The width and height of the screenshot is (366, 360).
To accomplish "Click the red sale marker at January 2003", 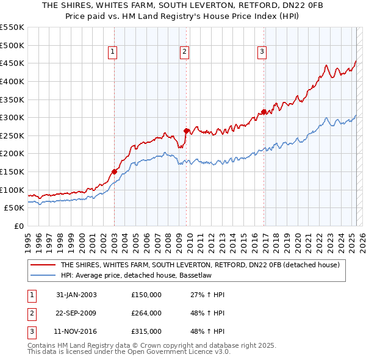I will point(114,171).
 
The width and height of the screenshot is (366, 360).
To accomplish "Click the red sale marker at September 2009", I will point(187,130).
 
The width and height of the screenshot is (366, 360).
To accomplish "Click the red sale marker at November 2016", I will point(264,112).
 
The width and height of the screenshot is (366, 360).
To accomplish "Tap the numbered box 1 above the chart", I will point(113,52).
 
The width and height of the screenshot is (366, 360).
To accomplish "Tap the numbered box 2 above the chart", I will point(184,52).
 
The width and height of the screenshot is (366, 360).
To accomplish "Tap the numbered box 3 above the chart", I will point(262,52).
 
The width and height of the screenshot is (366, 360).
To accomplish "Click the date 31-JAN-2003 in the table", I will point(76,295).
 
